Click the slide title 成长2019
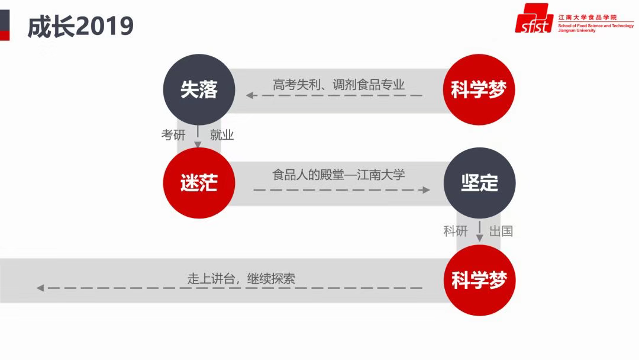point(80,27)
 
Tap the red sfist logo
point(534,18)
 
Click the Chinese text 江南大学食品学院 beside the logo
point(588,17)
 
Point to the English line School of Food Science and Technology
point(596,25)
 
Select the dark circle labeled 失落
point(199,89)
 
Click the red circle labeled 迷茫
point(199,182)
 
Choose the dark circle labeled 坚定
point(479,182)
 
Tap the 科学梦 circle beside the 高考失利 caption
point(479,89)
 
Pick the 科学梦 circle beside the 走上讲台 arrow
point(479,280)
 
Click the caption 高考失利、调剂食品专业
point(338,85)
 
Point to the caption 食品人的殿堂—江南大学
point(338,175)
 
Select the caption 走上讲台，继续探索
point(241,279)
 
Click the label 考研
point(173,135)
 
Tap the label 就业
point(222,135)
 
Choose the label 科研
point(455,231)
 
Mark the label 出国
point(501,231)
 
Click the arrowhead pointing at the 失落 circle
point(250,95)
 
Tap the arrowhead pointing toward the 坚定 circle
point(426,190)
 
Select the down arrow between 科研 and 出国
point(480,231)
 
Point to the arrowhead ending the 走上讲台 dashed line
point(40,288)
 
